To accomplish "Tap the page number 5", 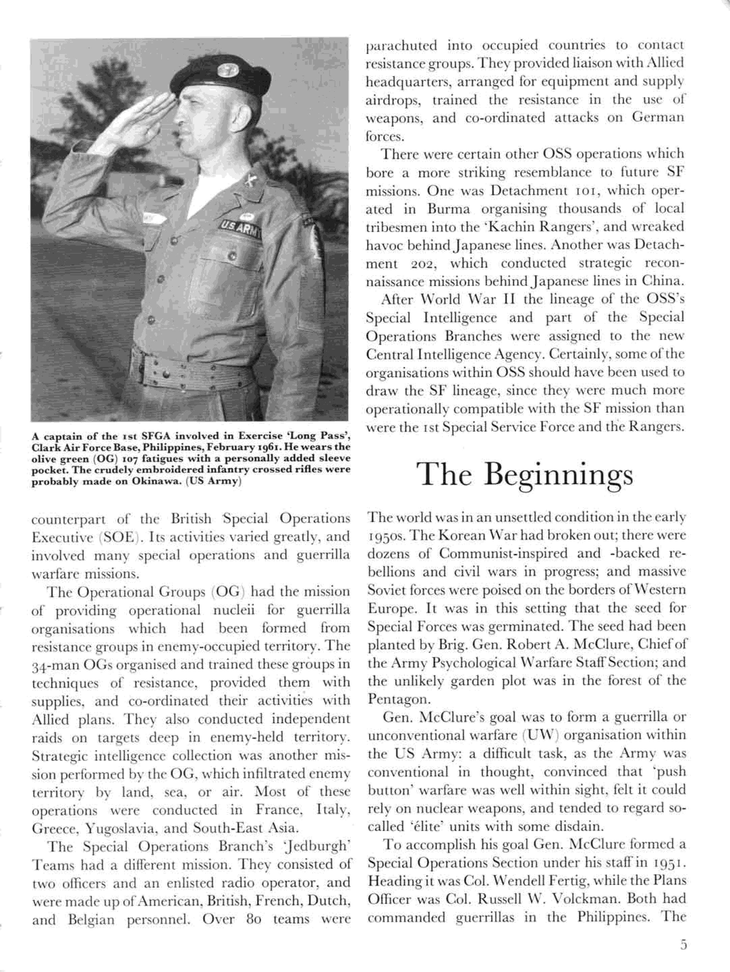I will (x=682, y=943).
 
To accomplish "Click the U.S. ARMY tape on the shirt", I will (x=241, y=229).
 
